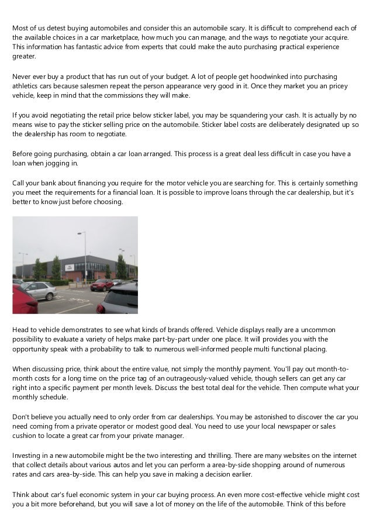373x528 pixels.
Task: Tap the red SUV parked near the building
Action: pyautogui.click(x=102, y=285)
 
